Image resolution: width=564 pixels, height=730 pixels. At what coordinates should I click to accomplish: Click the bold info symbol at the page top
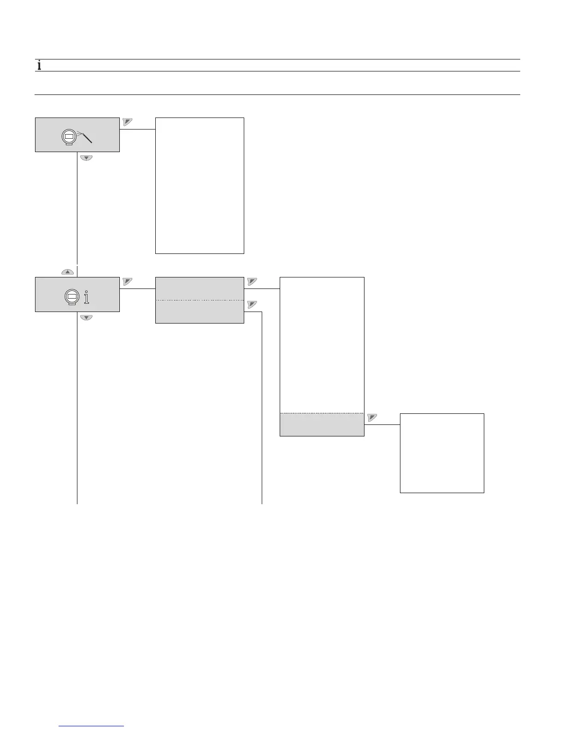click(39, 65)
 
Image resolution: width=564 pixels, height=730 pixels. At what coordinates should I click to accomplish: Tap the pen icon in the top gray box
click(85, 136)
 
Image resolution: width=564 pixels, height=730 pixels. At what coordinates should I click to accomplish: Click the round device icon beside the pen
click(68, 137)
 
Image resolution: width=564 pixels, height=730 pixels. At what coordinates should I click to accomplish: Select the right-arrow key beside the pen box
click(128, 122)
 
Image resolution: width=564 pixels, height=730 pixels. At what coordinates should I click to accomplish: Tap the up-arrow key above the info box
click(67, 272)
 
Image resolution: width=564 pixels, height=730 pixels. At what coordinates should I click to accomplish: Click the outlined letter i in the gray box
click(87, 297)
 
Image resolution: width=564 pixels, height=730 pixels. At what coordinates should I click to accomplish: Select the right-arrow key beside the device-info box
click(128, 282)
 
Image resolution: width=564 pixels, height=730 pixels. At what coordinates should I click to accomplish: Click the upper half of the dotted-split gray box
click(199, 289)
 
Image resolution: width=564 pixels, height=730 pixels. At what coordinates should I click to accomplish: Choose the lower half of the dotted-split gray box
click(199, 312)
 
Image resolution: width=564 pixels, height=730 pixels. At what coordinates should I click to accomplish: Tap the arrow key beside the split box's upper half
click(252, 281)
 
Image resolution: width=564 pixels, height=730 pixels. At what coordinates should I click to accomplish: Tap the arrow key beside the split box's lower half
click(252, 304)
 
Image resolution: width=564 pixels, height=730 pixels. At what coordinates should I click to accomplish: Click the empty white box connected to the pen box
click(199, 185)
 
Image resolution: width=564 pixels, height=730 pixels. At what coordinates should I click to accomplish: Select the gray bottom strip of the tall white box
click(322, 424)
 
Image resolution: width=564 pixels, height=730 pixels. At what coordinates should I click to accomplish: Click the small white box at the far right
click(441, 453)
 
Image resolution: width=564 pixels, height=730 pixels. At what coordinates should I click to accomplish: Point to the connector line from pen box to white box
click(137, 129)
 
